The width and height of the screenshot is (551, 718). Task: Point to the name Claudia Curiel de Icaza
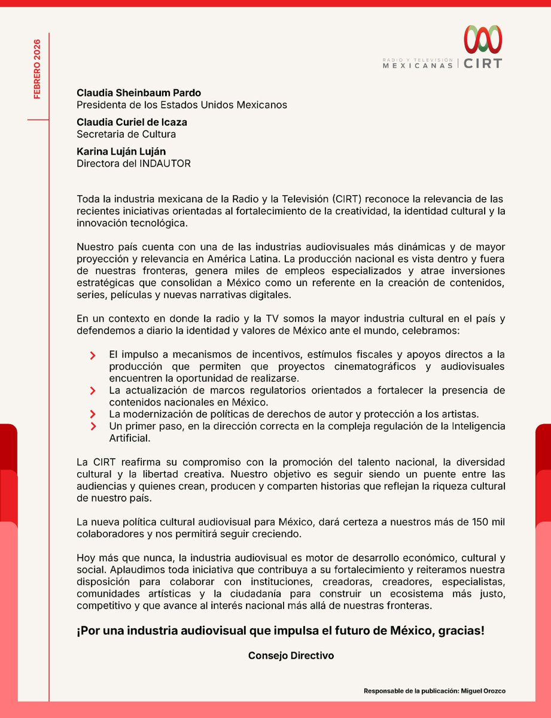coord(132,122)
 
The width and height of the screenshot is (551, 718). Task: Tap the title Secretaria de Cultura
coord(126,134)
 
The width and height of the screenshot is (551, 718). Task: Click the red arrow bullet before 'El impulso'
coord(93,355)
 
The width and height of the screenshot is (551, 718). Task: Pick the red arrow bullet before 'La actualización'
coord(93,391)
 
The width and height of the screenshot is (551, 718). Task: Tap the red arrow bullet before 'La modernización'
coord(93,414)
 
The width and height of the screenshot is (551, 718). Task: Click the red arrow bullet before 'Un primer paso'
coord(93,426)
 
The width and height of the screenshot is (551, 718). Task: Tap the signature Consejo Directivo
coord(291,655)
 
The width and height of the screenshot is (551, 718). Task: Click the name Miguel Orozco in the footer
coord(484,691)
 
